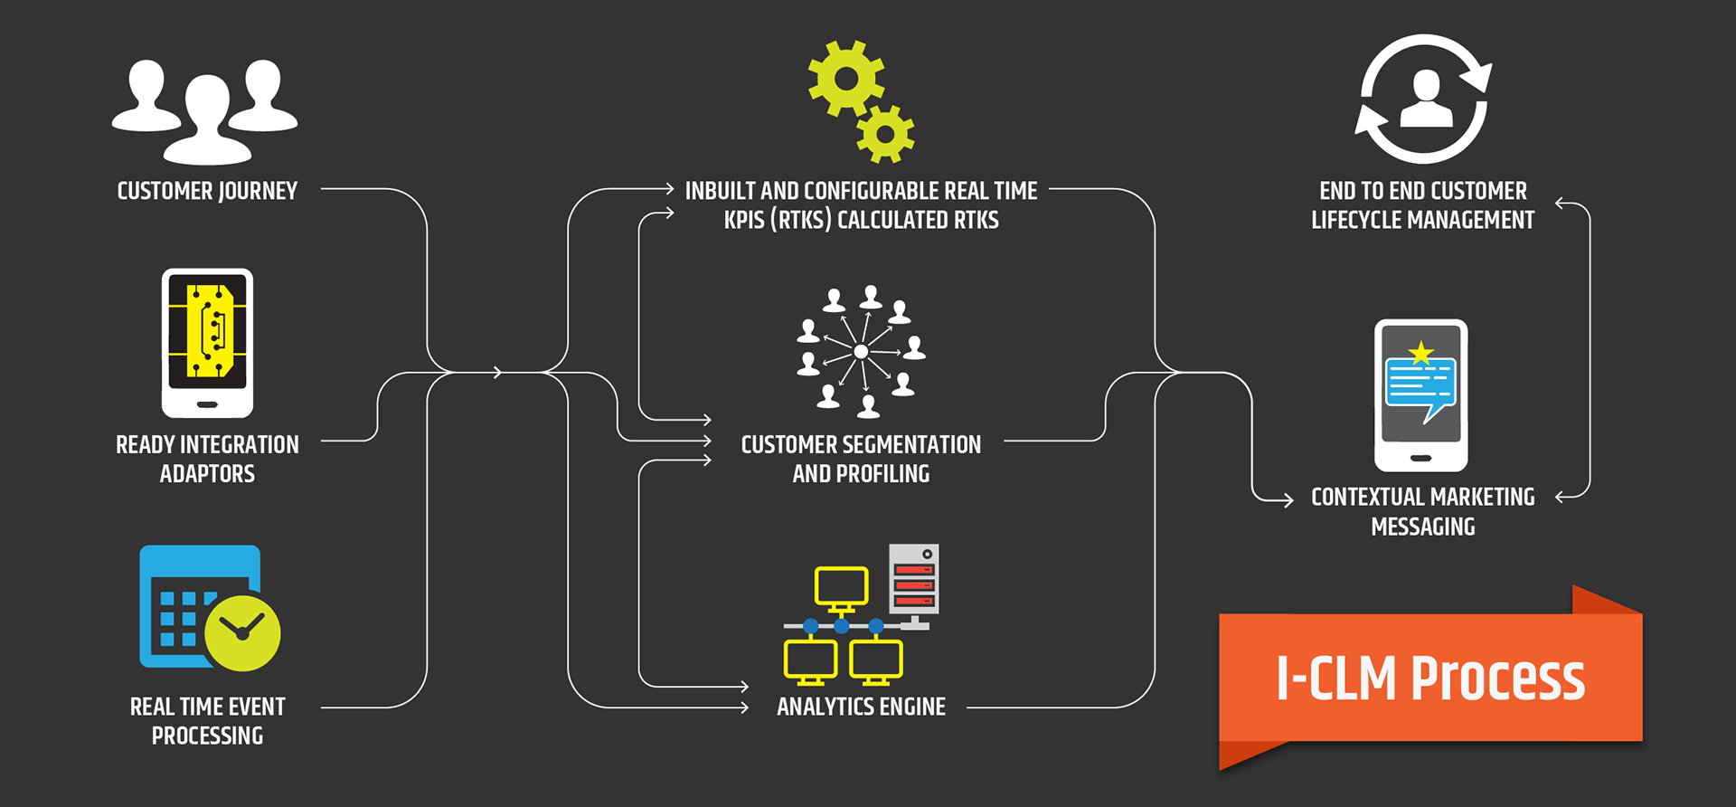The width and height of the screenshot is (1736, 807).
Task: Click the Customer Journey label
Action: coord(207,191)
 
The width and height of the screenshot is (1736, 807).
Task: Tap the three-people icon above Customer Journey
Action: coord(205,110)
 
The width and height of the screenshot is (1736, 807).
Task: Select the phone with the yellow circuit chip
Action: coord(207,343)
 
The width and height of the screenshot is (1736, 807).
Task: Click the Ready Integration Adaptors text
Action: coord(207,459)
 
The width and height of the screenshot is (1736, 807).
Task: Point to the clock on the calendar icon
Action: coord(242,632)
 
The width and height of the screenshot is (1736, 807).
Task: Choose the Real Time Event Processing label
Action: coord(207,721)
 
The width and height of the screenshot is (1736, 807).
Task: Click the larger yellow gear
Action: coord(846,78)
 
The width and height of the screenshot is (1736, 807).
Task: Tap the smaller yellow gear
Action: coord(885,134)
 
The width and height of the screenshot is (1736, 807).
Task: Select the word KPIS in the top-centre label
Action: coord(744,220)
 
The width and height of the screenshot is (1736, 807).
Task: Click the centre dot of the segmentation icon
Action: coord(861,351)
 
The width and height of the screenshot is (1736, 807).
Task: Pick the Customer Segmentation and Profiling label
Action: coord(861,459)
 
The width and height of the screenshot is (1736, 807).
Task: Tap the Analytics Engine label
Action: coord(861,707)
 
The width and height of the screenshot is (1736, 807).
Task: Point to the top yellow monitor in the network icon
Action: coord(841,586)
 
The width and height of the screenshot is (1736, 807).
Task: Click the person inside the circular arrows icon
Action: coord(1425,100)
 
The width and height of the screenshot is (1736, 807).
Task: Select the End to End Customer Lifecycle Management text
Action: coord(1422,205)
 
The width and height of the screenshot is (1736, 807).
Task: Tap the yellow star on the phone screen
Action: coord(1421,353)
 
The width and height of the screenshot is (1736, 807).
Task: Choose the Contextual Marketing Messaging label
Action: coord(1422,511)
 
